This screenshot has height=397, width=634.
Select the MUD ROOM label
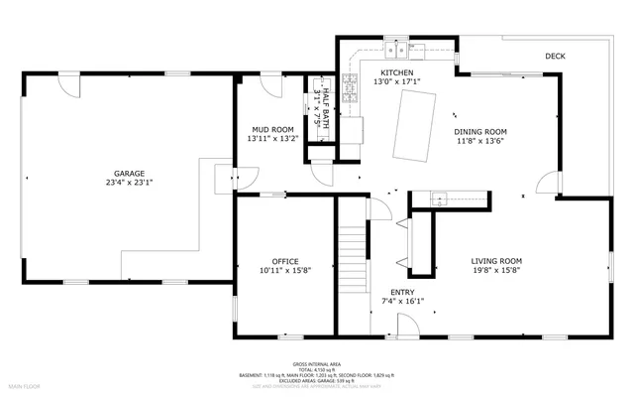tap(270, 129)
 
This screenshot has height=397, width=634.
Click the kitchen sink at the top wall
tap(398, 49)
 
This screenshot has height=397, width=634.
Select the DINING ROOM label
tap(480, 131)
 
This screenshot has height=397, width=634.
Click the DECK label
tap(555, 57)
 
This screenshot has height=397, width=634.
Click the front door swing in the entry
tap(406, 324)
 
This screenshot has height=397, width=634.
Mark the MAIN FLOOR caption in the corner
tap(24, 384)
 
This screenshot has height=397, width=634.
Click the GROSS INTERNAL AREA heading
tap(317, 364)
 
